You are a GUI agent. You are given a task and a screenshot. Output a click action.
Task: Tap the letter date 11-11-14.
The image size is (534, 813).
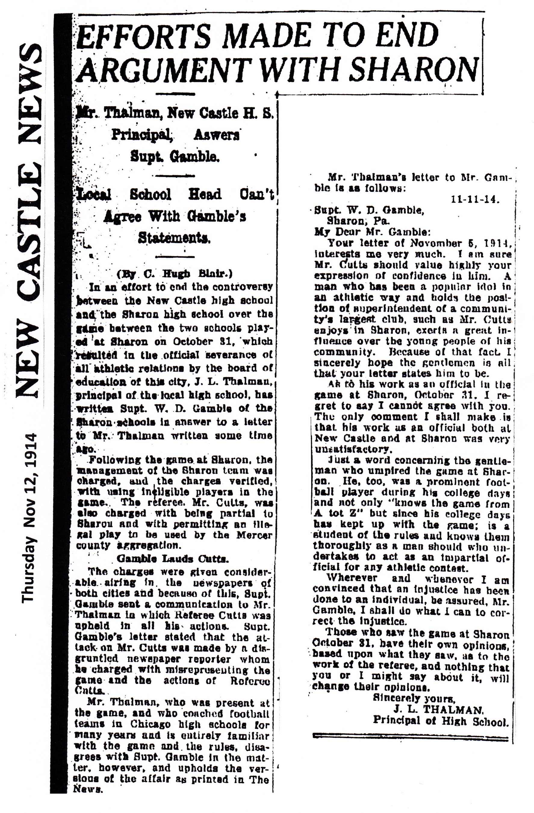tap(475, 200)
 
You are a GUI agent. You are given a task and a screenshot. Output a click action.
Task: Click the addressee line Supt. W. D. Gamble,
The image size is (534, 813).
tap(369, 210)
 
